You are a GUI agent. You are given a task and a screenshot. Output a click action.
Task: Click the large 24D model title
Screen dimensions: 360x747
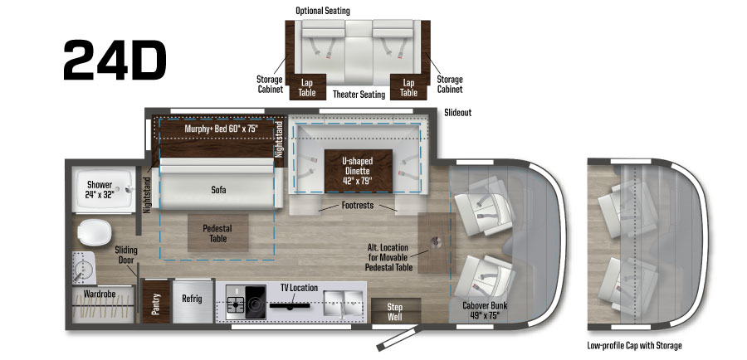[x=115, y=60]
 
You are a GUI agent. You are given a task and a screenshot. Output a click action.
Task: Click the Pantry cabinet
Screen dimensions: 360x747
[x=153, y=305]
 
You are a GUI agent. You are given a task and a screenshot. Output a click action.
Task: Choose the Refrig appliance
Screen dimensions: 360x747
[x=193, y=299]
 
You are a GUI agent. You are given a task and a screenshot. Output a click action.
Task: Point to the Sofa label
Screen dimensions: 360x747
[x=218, y=190]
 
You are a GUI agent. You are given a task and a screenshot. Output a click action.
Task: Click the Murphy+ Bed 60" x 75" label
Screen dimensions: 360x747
[x=217, y=129]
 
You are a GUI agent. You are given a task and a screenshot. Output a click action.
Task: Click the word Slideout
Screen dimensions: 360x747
[x=457, y=112]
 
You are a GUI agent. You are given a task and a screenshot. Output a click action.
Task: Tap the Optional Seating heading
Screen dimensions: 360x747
[x=323, y=11]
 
